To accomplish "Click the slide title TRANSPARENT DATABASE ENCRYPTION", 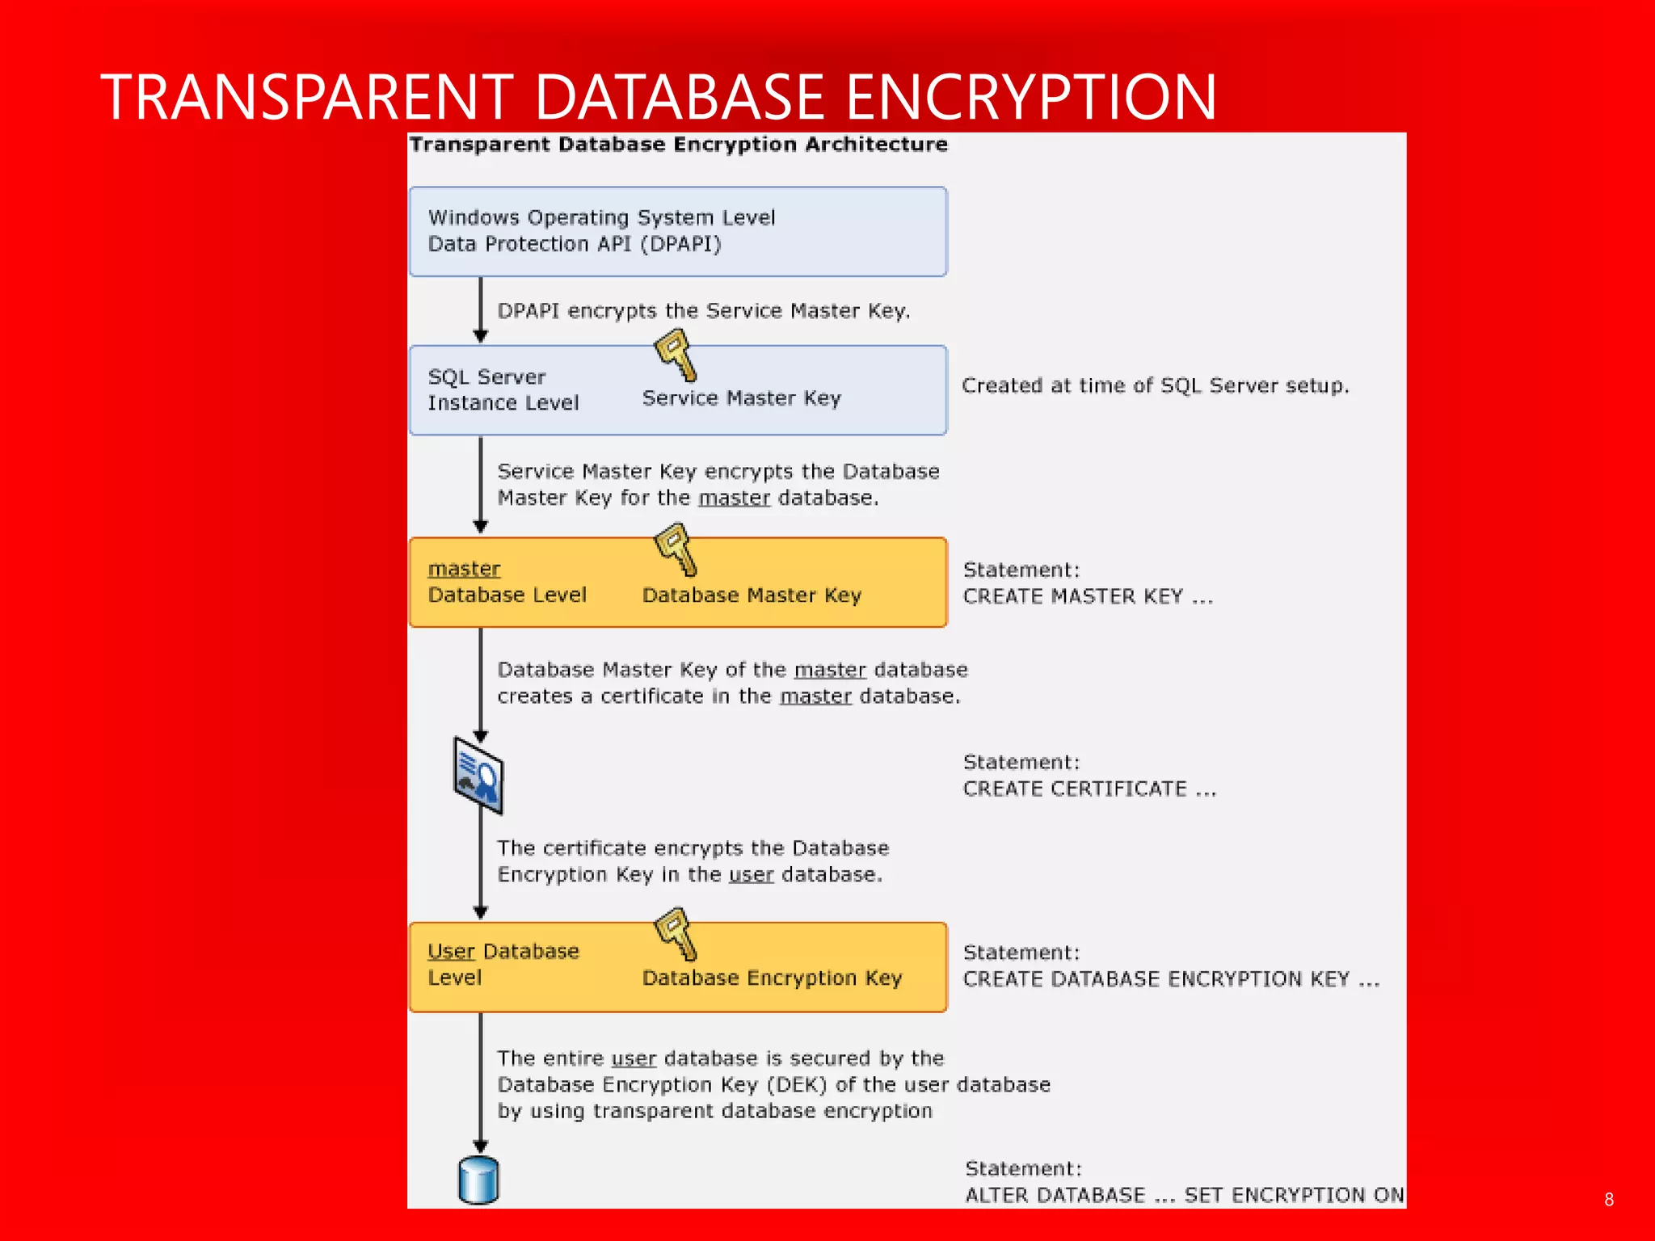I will click(x=658, y=97).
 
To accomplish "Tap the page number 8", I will click(x=1608, y=1200).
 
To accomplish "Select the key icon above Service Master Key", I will click(x=676, y=356).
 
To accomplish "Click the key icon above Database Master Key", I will click(x=676, y=549).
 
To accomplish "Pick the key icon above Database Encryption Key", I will click(x=676, y=934).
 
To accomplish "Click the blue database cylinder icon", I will click(x=478, y=1180).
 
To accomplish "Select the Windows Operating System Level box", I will click(x=677, y=232).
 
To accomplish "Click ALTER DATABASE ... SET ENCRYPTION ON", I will click(x=1184, y=1196).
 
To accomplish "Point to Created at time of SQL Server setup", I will click(x=1155, y=386).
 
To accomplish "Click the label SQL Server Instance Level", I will click(x=503, y=390).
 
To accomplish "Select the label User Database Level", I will click(x=503, y=964).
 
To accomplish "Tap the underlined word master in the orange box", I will click(x=464, y=569).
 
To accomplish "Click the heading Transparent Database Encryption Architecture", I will click(x=678, y=145).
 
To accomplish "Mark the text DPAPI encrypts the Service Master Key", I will click(x=703, y=311).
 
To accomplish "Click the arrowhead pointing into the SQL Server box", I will click(x=481, y=336).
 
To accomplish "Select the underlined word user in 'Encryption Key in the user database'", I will click(x=751, y=875).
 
